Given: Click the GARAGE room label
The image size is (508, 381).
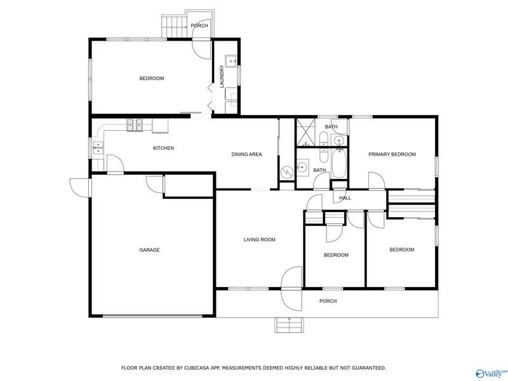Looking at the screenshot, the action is click(149, 250).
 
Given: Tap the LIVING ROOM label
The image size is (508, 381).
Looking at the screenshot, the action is click(260, 240).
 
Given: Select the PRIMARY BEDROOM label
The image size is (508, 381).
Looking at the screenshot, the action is click(392, 154).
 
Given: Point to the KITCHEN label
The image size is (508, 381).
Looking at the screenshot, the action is click(164, 148).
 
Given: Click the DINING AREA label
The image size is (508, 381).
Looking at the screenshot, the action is click(246, 154).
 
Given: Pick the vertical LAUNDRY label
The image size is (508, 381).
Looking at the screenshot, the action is click(222, 77).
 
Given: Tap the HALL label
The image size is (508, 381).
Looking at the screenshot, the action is click(345, 198).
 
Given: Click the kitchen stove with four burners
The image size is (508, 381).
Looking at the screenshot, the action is click(135, 125).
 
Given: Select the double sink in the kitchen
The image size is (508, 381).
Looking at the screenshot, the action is click(98, 148).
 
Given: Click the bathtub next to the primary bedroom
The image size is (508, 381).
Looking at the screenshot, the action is click(338, 163).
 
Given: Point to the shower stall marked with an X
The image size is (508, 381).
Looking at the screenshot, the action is click(305, 133).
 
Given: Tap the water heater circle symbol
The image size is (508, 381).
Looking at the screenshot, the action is click(287, 171).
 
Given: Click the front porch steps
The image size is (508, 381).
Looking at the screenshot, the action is click(290, 325).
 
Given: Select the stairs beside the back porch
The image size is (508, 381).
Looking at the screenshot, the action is click(175, 26).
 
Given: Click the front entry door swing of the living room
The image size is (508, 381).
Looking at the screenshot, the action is click(291, 288).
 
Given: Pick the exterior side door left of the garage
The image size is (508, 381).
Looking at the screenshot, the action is click(80, 187).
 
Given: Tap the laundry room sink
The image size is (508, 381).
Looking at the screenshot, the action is click(232, 61).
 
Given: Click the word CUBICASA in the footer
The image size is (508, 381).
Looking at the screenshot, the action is click(197, 368).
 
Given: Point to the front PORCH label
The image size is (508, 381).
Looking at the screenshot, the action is click(328, 301).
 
